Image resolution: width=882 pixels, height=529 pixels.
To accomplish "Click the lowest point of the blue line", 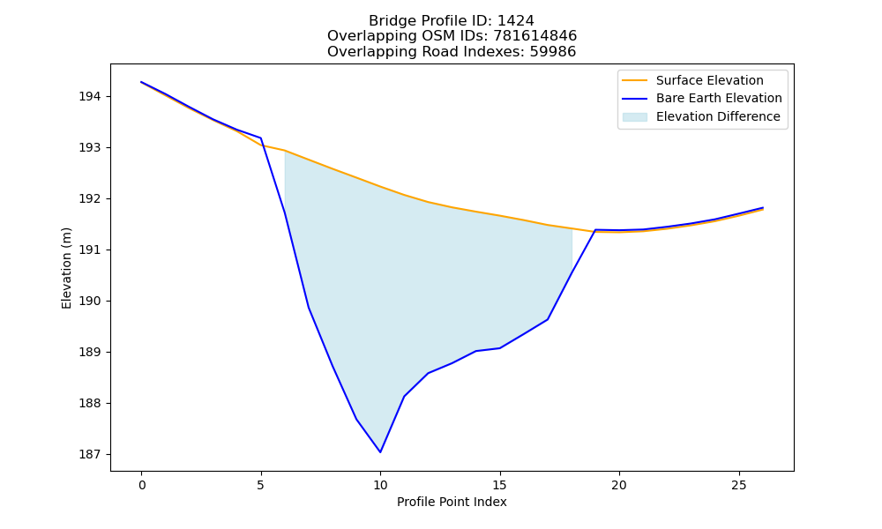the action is (x=380, y=452).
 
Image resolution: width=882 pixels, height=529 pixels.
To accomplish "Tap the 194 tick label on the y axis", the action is (x=89, y=97).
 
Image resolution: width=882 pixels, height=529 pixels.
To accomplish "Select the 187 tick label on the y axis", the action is (x=89, y=454).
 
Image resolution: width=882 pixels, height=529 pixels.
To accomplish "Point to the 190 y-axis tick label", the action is (x=89, y=302).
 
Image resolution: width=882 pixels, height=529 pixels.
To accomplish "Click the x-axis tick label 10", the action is (x=380, y=485).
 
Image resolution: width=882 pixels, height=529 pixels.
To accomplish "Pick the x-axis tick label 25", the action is (x=738, y=485).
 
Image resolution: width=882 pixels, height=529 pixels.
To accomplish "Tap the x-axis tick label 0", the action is (x=142, y=485).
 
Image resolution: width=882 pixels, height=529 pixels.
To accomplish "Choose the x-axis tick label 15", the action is (x=499, y=485).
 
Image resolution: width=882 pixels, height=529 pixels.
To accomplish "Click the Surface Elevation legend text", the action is (x=709, y=80).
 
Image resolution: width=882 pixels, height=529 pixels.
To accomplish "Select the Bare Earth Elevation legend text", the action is (x=719, y=99).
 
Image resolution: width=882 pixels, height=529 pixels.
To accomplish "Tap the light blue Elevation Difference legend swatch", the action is (x=634, y=117).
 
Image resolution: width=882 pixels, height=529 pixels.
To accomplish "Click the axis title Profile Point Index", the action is (x=452, y=502).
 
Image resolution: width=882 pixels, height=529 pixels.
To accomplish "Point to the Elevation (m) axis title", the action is (x=66, y=268).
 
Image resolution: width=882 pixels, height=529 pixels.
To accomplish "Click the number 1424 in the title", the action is (x=516, y=21).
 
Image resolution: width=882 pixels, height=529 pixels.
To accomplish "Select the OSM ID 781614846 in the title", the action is (x=535, y=36).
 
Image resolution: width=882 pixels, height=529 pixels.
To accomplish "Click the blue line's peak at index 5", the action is (x=260, y=138).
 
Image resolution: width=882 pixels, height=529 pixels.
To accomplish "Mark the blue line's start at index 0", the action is (x=141, y=82).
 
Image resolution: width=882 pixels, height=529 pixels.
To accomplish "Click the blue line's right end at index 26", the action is (x=763, y=207).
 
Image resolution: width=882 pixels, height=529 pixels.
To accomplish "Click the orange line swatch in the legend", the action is (x=634, y=80).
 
